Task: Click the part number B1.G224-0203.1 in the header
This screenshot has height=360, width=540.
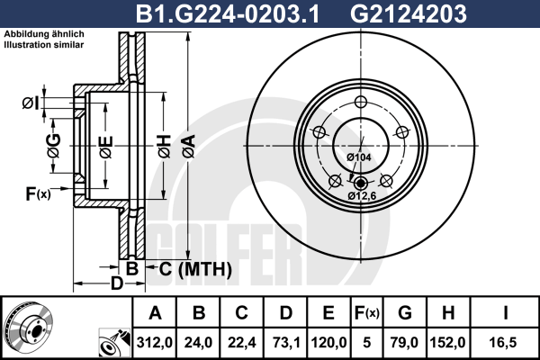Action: point(228,13)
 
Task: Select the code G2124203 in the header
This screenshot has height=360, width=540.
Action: point(409,13)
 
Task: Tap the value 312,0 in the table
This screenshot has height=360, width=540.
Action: point(155,343)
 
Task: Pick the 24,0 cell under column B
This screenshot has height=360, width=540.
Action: point(198,343)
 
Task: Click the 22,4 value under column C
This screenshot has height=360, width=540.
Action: point(242,343)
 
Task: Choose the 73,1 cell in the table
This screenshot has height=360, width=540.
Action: point(285,343)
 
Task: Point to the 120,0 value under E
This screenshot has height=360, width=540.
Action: point(328,343)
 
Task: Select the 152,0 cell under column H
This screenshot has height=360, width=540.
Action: point(447,343)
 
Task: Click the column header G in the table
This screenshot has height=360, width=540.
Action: point(405,313)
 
